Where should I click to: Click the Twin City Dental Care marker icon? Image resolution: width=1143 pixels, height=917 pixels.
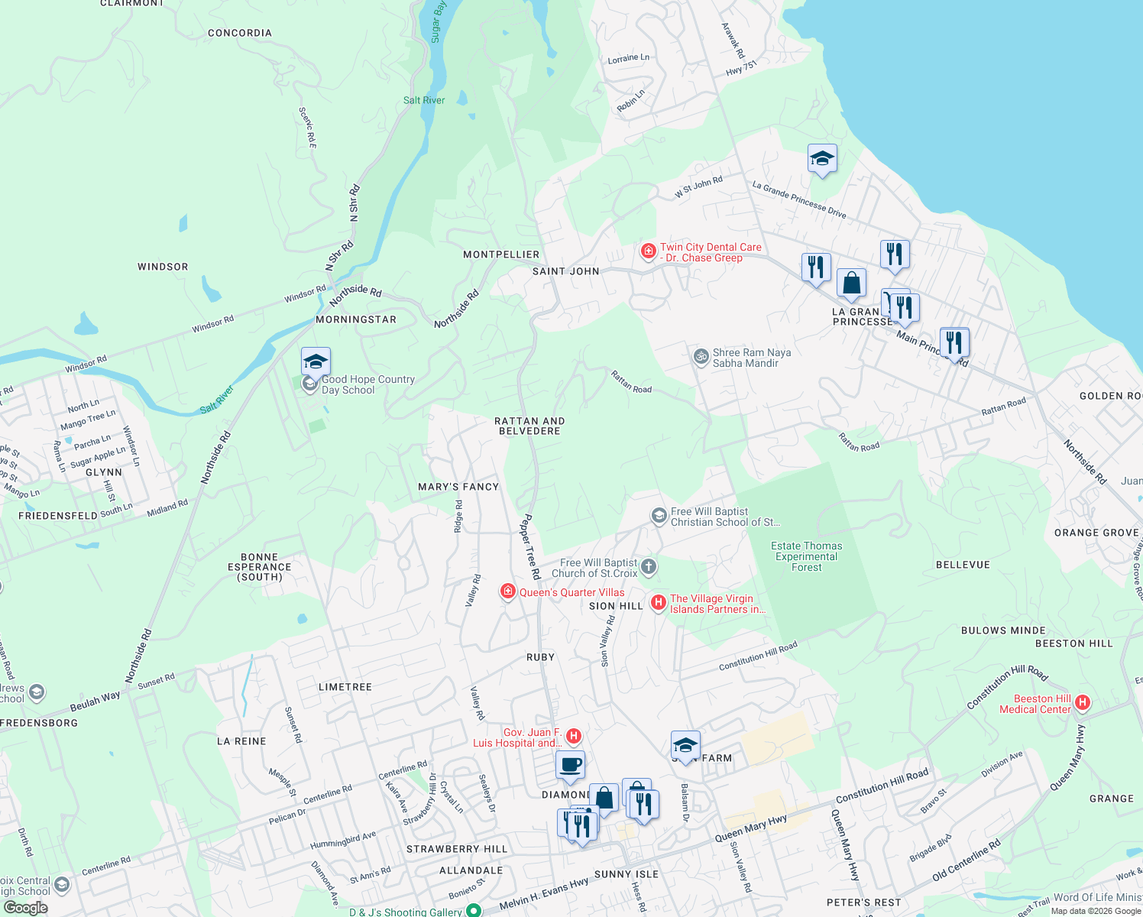648,251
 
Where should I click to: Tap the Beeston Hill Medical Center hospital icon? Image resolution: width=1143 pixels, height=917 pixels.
1082,703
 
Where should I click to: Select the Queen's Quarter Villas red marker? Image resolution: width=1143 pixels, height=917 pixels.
507,591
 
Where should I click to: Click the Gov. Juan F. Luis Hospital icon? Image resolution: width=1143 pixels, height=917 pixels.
574,736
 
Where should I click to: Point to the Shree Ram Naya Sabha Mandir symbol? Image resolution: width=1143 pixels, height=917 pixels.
701,357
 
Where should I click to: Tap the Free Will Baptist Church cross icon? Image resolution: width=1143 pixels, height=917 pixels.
649,566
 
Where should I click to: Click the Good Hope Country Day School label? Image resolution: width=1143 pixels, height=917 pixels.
368,384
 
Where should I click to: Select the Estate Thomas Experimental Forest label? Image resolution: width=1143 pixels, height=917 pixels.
806,556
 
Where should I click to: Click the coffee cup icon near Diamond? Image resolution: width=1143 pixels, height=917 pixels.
570,764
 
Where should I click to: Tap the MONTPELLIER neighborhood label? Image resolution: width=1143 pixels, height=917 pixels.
501,254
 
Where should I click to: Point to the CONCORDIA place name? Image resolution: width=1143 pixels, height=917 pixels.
240,33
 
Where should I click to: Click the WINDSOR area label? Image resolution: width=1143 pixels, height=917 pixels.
163,267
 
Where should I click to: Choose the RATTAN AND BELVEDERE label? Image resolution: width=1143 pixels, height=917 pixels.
529,426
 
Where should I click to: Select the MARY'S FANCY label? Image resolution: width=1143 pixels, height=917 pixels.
458,487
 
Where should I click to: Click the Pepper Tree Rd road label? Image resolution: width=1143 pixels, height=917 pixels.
530,546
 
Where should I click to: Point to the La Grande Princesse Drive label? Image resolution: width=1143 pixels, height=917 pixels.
798,199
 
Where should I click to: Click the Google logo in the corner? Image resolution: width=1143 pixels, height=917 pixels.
25,908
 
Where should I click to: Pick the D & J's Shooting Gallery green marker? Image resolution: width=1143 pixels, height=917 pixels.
474,910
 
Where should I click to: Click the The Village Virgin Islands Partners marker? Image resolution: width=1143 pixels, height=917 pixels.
658,603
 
